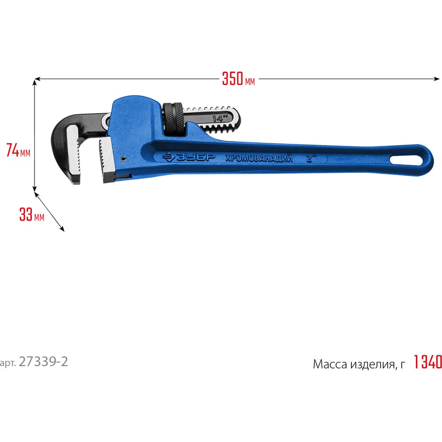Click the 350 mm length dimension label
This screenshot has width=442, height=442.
239,79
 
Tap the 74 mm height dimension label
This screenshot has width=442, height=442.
18,150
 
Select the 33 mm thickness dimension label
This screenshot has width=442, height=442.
31,214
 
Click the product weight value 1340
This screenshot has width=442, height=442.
427,362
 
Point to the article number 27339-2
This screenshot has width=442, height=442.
43,362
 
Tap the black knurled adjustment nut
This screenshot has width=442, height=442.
173,118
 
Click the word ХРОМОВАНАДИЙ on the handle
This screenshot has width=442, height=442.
259,158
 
